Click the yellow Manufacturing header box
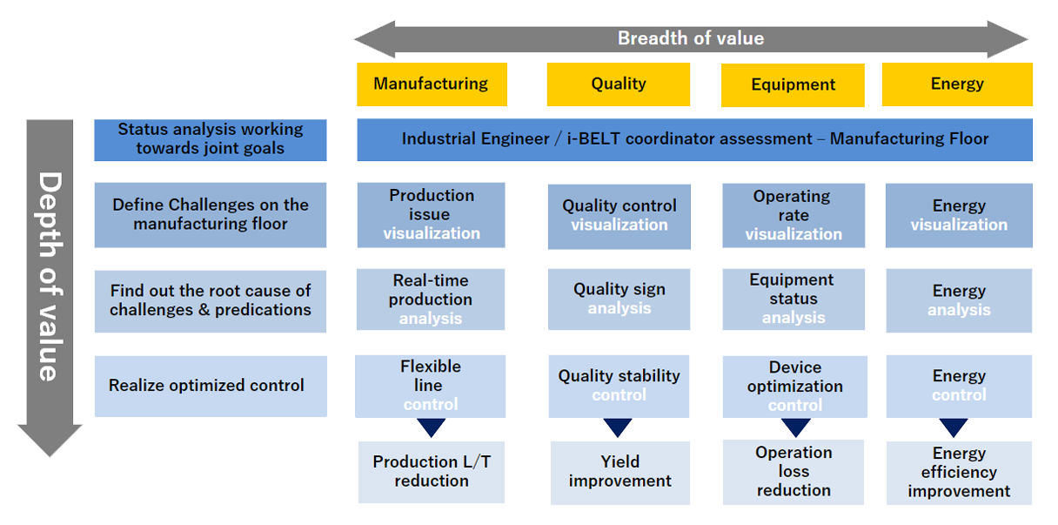coord(432,84)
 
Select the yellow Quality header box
coord(619,84)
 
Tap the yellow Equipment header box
coord(793,85)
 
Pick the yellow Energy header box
coord(957,84)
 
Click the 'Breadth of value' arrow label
coord(691,38)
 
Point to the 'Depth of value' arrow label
coord(50,277)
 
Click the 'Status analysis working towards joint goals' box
coord(211,140)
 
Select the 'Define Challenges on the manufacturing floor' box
coord(211,215)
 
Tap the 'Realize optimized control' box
coord(211,386)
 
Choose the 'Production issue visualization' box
coord(432,215)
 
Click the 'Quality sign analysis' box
coord(619,300)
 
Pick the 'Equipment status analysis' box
coord(793,300)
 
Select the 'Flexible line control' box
coord(431,386)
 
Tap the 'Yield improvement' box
coord(620,473)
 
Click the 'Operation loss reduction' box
coord(793,472)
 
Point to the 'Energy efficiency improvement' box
coord(960,473)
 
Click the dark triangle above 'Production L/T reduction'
coord(432,427)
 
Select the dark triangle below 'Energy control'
coord(954,427)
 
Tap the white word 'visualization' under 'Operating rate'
coord(793,234)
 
